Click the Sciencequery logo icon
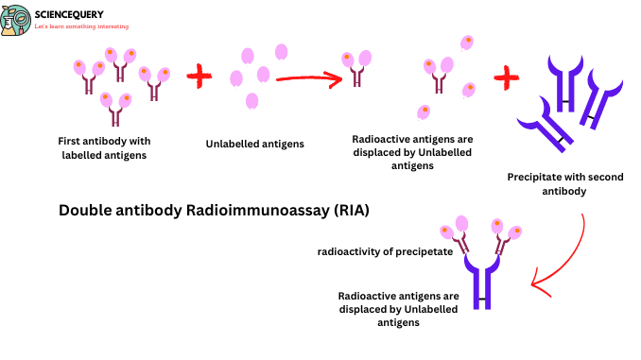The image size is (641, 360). [x=17, y=18]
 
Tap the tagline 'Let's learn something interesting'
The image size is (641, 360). [x=81, y=26]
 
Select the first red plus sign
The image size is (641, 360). [x=199, y=77]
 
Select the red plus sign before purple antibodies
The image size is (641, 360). [x=507, y=75]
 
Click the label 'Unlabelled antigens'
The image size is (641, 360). [x=254, y=145]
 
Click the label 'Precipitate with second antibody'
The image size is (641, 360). [x=561, y=182]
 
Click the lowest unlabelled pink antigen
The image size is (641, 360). [x=251, y=100]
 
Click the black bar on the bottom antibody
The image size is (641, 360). [x=484, y=300]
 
